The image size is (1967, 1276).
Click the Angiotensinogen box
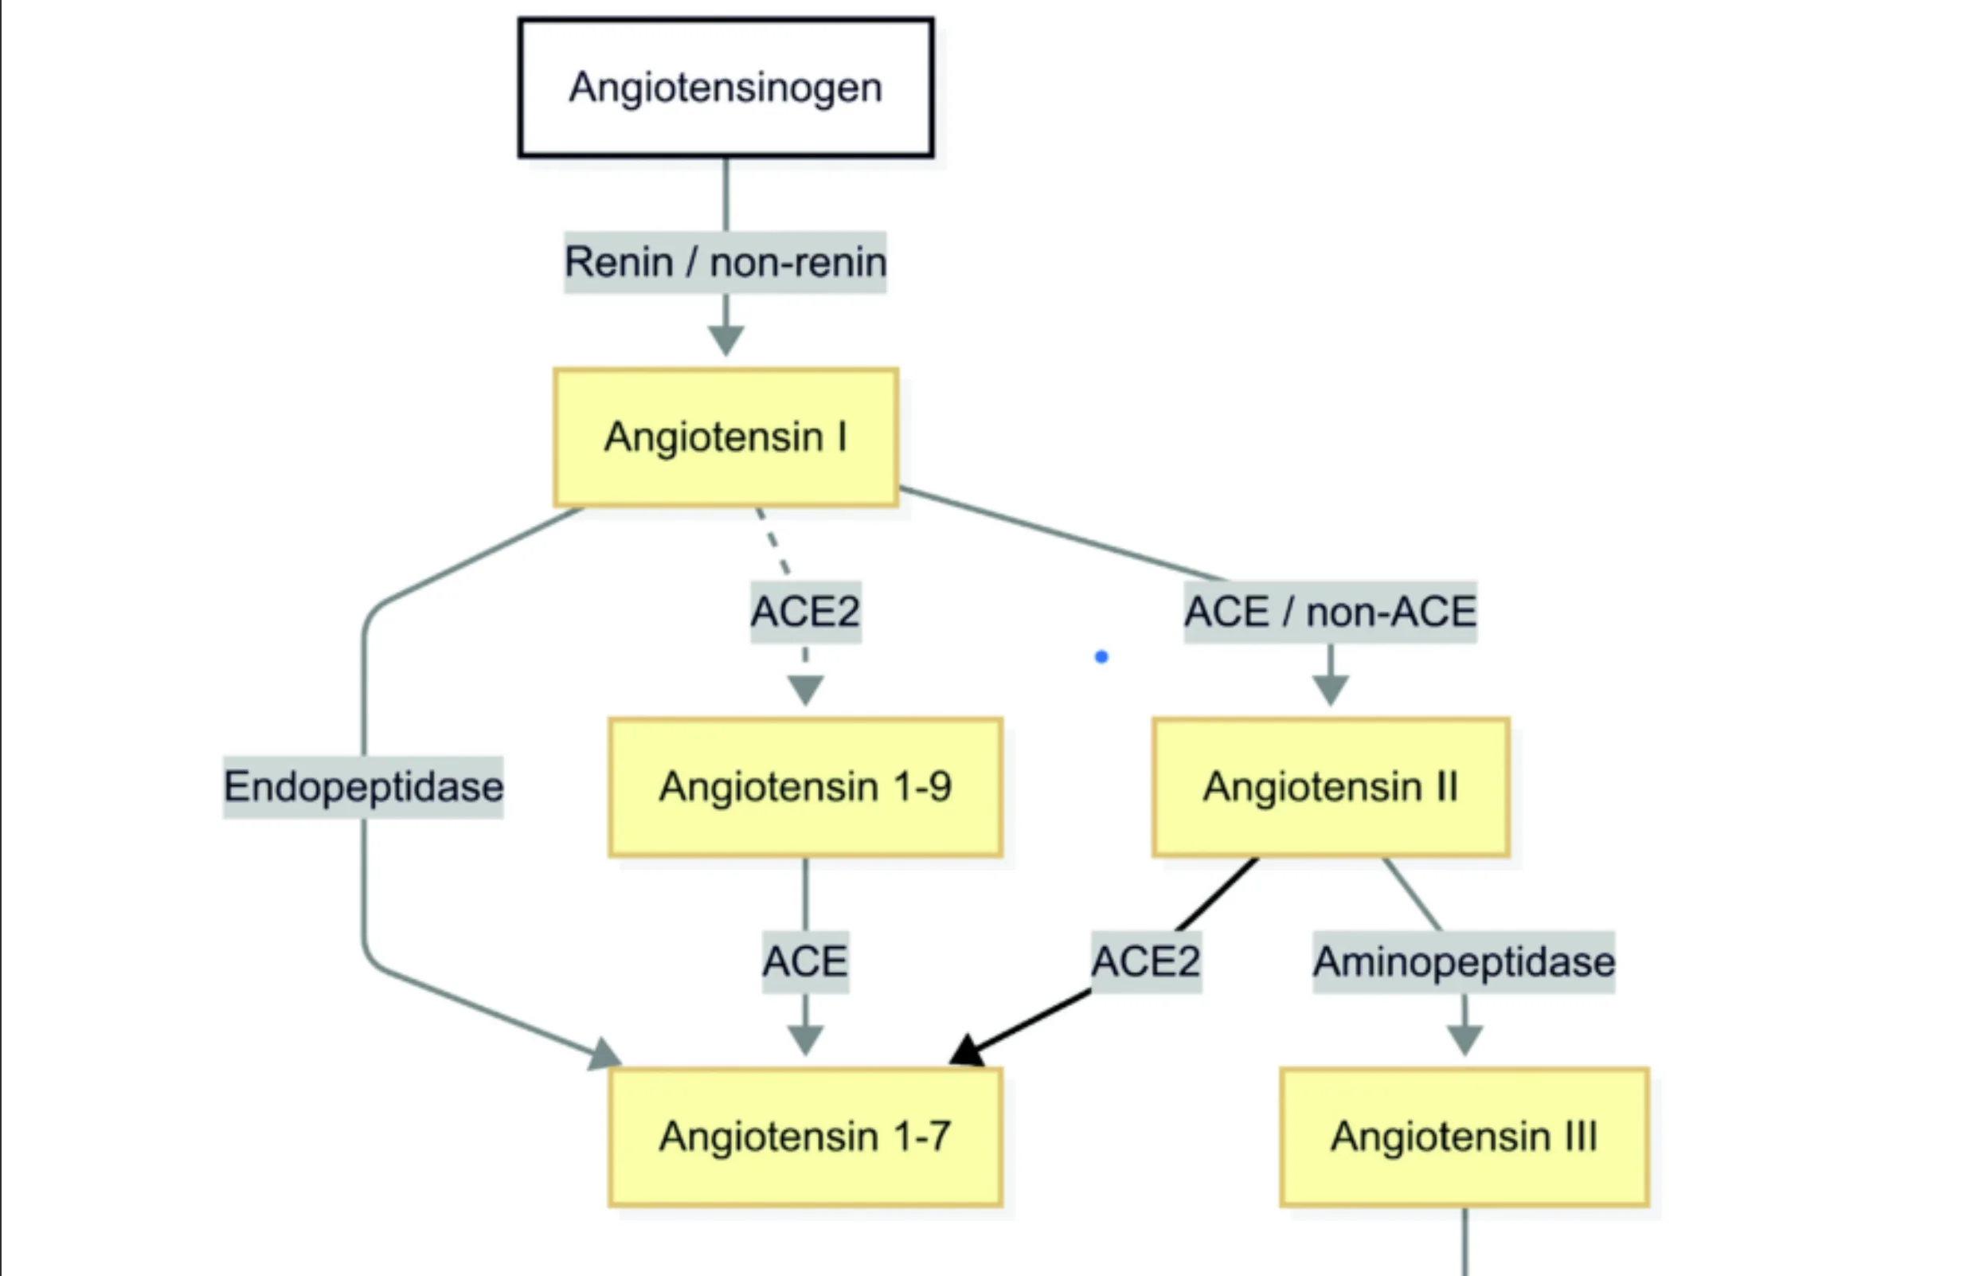(725, 88)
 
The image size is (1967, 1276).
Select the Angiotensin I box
(725, 436)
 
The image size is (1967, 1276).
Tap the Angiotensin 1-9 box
(805, 786)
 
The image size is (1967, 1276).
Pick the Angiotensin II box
(1331, 786)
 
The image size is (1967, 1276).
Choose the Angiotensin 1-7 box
(805, 1137)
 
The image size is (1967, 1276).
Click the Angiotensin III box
(1464, 1137)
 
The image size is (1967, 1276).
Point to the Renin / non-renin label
(725, 262)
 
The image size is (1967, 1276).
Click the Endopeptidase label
(364, 786)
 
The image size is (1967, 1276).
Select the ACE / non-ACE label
(1330, 612)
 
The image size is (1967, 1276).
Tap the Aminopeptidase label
(1464, 961)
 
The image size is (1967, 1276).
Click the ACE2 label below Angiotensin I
(805, 612)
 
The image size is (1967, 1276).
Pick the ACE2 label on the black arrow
(1145, 961)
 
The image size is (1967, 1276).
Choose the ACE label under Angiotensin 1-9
(805, 961)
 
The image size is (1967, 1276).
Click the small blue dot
(1101, 657)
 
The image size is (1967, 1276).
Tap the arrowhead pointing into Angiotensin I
(725, 339)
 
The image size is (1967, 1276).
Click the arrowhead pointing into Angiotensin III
(1464, 1039)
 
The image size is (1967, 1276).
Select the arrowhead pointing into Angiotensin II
(1330, 688)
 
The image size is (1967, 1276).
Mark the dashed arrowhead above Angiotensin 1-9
(805, 688)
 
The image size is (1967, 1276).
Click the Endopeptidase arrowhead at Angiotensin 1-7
(605, 1055)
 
